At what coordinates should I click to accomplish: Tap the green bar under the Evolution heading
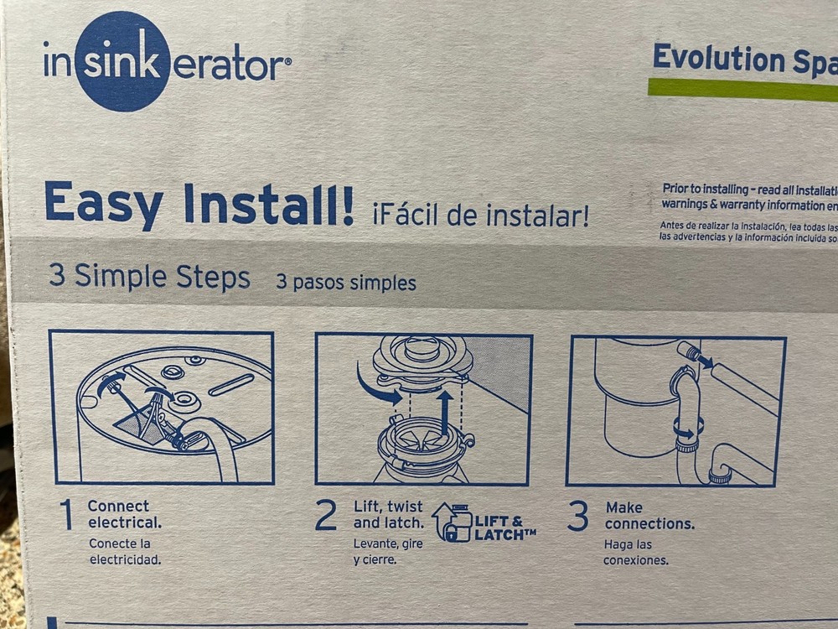pyautogui.click(x=742, y=89)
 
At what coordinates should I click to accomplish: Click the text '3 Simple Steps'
pyautogui.click(x=149, y=277)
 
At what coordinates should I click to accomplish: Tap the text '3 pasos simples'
pyautogui.click(x=346, y=283)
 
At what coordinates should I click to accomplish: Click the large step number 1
pyautogui.click(x=67, y=516)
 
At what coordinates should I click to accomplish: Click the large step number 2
pyautogui.click(x=325, y=516)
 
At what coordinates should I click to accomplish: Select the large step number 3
pyautogui.click(x=577, y=517)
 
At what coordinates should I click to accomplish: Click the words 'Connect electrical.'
pyautogui.click(x=123, y=513)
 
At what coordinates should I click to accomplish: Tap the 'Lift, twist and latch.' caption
pyautogui.click(x=387, y=515)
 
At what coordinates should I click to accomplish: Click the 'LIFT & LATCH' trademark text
pyautogui.click(x=504, y=527)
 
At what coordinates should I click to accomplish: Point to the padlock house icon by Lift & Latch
pyautogui.click(x=452, y=522)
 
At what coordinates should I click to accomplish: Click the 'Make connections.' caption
pyautogui.click(x=649, y=515)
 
